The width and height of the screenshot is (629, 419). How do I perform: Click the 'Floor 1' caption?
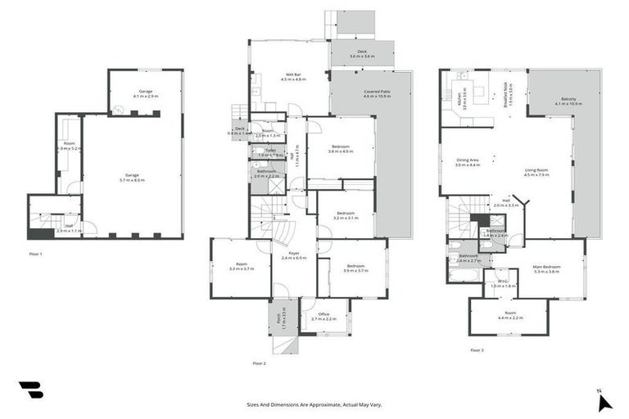pyautogui.click(x=36, y=255)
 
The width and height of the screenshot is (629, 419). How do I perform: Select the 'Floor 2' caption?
pyautogui.click(x=260, y=363)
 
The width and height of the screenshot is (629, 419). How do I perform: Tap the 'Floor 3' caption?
pyautogui.click(x=477, y=349)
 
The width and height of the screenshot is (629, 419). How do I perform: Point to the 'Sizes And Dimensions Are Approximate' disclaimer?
pyautogui.click(x=314, y=404)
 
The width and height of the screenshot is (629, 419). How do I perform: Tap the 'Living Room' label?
pyautogui.click(x=536, y=172)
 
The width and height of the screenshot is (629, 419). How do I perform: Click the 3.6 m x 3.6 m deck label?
pyautogui.click(x=361, y=54)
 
